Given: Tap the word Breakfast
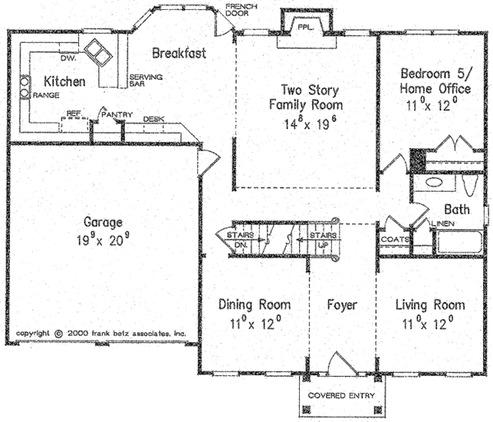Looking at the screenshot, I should (x=178, y=53).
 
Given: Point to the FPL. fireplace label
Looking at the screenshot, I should (x=305, y=26).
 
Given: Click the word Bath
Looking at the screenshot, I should (x=457, y=210).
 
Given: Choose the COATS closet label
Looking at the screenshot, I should (x=393, y=239).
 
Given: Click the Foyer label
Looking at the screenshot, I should (x=341, y=305).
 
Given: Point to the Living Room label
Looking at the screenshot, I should (x=426, y=305).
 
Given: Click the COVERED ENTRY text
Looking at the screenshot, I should (x=341, y=396).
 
